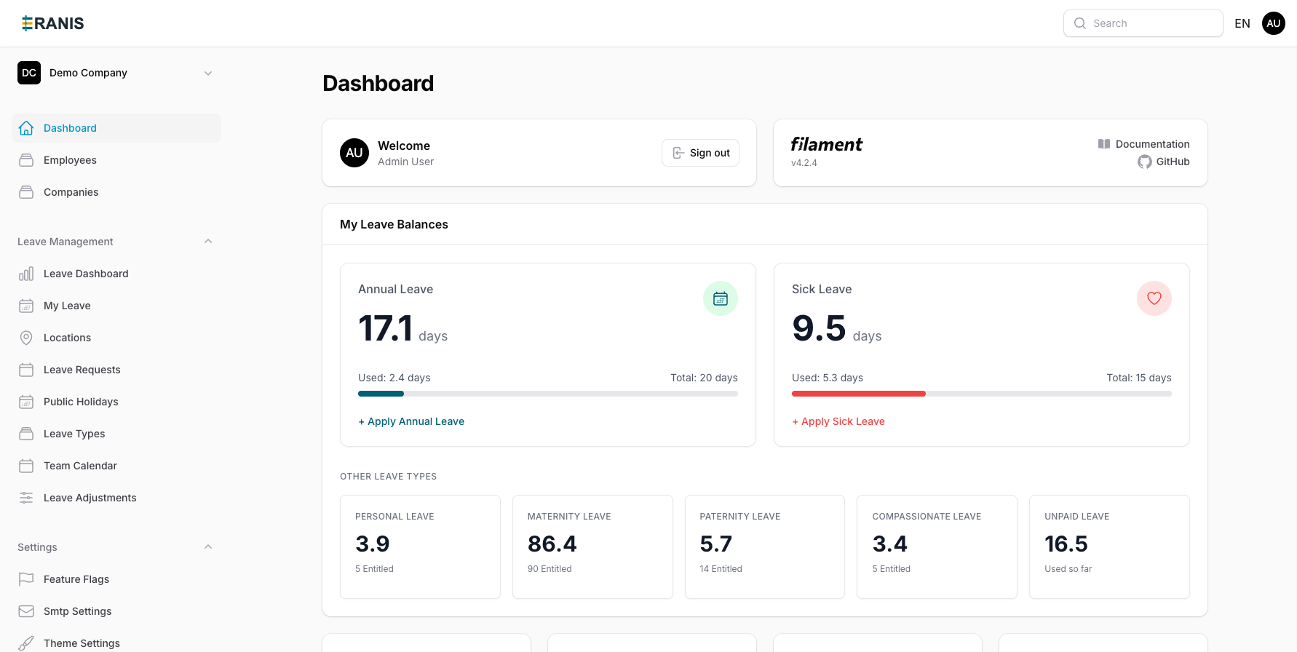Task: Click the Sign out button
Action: pyautogui.click(x=700, y=153)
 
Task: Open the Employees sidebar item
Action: pyautogui.click(x=70, y=160)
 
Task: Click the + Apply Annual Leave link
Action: pyautogui.click(x=411, y=421)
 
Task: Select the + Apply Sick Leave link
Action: pyautogui.click(x=838, y=421)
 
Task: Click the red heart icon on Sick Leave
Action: pyautogui.click(x=1154, y=298)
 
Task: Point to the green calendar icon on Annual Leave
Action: pyautogui.click(x=721, y=298)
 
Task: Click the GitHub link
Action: pyautogui.click(x=1164, y=162)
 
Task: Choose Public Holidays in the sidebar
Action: pyautogui.click(x=81, y=402)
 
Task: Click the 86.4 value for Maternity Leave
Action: pyautogui.click(x=552, y=544)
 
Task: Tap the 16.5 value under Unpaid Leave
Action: pyautogui.click(x=1066, y=544)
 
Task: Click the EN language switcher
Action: pyautogui.click(x=1242, y=23)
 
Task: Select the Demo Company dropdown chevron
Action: pyautogui.click(x=208, y=73)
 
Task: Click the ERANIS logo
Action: pyautogui.click(x=52, y=23)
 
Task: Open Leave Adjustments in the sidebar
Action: pyautogui.click(x=90, y=498)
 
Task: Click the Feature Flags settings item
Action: pyautogui.click(x=76, y=579)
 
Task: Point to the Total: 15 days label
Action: pyautogui.click(x=1138, y=378)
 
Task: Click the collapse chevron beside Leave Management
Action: pyautogui.click(x=208, y=242)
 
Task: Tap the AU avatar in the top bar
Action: pyautogui.click(x=1273, y=23)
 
